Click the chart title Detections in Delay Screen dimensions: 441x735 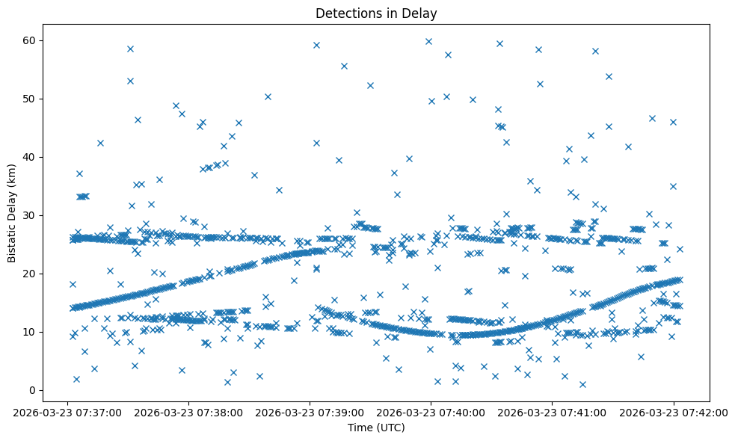pyautogui.click(x=376, y=13)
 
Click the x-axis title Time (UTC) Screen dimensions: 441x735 pyautogui.click(x=376, y=428)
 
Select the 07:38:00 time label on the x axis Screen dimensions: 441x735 pyautogui.click(x=188, y=412)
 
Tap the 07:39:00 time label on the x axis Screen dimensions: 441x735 pyautogui.click(x=310, y=412)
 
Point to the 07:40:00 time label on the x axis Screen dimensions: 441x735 pyautogui.click(x=431, y=412)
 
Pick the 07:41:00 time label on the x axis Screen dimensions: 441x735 pyautogui.click(x=552, y=412)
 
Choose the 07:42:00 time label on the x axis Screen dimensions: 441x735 pyautogui.click(x=673, y=412)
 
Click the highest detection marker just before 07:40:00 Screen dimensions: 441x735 pyautogui.click(x=428, y=41)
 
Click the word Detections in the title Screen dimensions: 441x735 pyautogui.click(x=345, y=13)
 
